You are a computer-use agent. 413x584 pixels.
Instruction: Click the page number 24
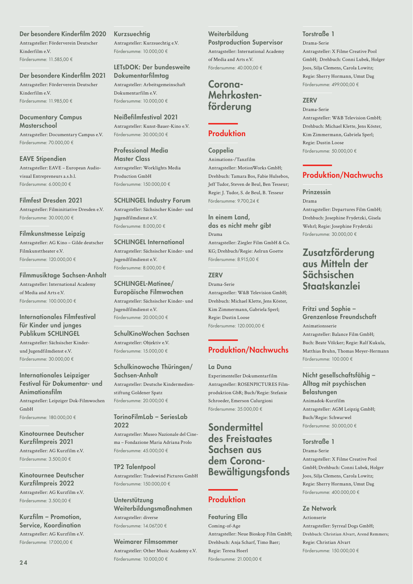(x=23, y=562)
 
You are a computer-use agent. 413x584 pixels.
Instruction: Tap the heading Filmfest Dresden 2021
(x=51, y=200)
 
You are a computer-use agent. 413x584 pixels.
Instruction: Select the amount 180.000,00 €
(x=62, y=418)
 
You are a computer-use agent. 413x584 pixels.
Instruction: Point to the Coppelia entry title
(x=221, y=150)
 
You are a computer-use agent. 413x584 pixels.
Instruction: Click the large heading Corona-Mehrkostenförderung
(x=235, y=96)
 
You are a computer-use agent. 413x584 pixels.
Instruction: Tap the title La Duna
(x=220, y=367)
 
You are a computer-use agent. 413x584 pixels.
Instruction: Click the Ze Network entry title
(x=319, y=508)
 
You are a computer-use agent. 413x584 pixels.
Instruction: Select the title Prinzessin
(x=316, y=192)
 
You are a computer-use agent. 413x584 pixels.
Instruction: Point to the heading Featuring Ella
(x=228, y=517)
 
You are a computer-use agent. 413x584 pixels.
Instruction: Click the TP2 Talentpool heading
(x=134, y=467)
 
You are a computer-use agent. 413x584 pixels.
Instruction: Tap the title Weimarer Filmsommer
(x=146, y=542)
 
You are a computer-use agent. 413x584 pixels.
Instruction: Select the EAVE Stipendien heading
(x=43, y=159)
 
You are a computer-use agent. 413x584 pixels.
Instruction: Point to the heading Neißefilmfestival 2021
(x=146, y=117)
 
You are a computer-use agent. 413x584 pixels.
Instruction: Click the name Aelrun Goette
(x=269, y=251)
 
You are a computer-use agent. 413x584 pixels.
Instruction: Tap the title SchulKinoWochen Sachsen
(x=151, y=334)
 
